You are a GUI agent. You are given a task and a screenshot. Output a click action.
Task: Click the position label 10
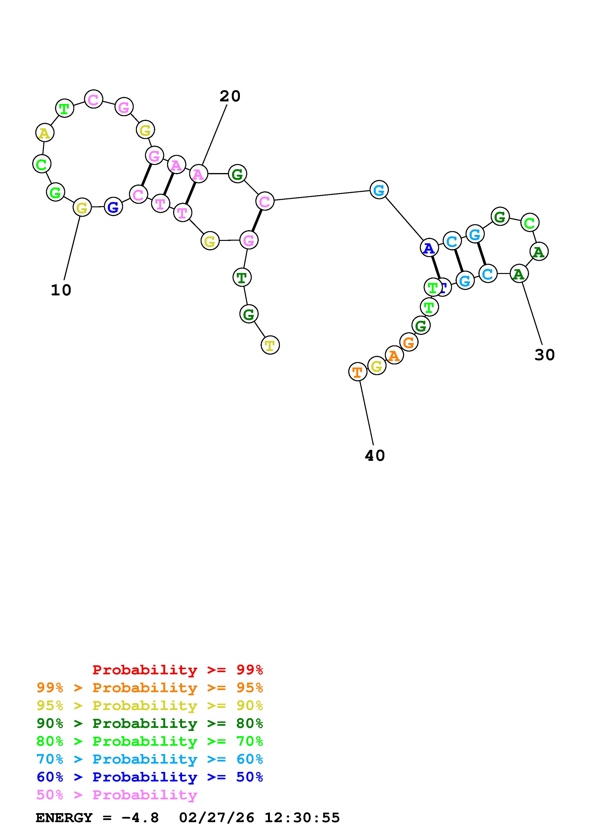[61, 290]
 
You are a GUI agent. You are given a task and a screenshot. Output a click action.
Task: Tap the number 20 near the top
[230, 96]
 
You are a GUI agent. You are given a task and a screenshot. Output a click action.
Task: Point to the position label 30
[544, 355]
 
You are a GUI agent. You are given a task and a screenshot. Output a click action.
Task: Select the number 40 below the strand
[374, 456]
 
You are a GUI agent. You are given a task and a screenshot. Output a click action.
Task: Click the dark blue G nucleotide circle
[114, 207]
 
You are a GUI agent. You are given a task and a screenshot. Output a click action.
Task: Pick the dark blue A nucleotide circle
[429, 248]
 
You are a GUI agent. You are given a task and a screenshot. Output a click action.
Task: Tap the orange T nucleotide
[357, 372]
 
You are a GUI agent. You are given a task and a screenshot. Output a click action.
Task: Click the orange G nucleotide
[409, 342]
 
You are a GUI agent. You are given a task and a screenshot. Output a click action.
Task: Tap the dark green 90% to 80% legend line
[149, 724]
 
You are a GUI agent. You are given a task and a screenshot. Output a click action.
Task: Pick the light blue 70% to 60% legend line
[149, 759]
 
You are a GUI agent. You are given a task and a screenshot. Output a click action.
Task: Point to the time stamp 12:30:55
[302, 818]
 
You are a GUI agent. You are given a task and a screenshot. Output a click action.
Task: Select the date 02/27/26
[217, 818]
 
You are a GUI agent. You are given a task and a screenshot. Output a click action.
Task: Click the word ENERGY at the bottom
[64, 818]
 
